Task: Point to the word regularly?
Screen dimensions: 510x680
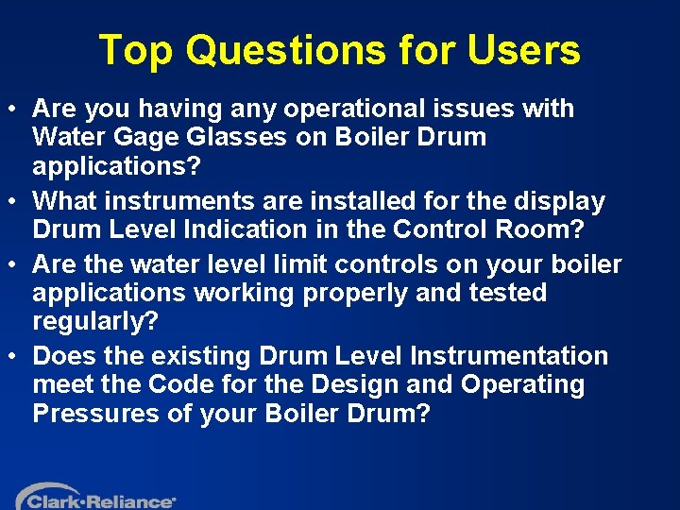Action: tap(93, 321)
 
